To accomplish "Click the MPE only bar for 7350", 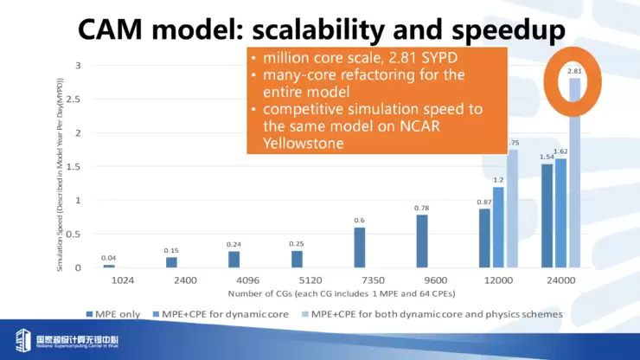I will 360,247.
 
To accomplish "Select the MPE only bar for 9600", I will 422,241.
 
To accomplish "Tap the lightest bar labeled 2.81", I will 574,173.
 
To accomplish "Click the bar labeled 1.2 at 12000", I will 498,227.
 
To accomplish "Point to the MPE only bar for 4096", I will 234,260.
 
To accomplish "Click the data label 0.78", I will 422,208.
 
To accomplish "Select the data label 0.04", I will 108,258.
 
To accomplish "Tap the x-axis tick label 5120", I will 297,281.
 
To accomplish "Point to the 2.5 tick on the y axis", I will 77,100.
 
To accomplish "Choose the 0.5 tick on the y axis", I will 77,235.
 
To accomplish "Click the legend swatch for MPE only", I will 89,313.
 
